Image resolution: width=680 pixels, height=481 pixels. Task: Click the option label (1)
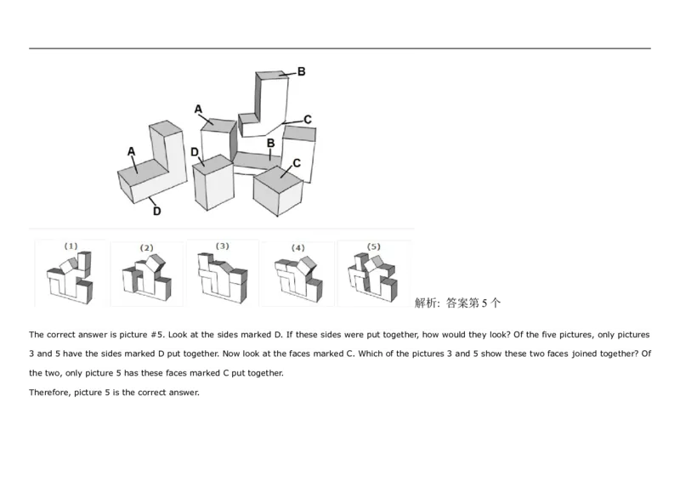[x=71, y=246]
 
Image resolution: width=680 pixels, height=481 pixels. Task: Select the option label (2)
[x=146, y=247]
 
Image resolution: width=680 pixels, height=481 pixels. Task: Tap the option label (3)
[x=222, y=246]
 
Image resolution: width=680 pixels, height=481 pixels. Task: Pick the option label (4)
[x=297, y=247]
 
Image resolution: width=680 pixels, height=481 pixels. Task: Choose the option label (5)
[x=374, y=246]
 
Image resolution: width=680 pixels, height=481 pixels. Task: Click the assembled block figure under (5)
[x=373, y=277]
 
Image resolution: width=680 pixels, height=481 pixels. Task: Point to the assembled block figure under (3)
[x=221, y=278]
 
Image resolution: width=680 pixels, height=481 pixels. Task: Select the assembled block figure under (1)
[x=71, y=279]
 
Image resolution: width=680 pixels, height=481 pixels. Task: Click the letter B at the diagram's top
[x=302, y=73]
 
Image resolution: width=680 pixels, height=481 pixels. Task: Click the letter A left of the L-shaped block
[x=131, y=151]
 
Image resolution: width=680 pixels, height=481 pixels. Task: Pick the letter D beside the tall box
[x=195, y=152]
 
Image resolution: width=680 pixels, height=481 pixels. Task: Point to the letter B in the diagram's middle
[x=270, y=144]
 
